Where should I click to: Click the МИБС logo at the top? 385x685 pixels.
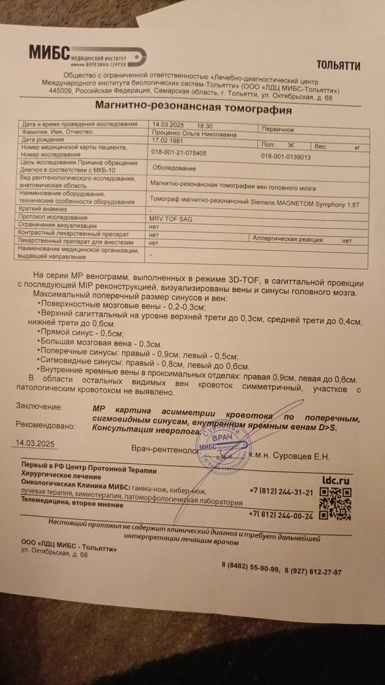point(87,56)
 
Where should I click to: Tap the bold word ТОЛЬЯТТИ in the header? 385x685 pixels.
point(338,65)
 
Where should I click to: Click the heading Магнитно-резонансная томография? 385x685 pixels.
point(193,107)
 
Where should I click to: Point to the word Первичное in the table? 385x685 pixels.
point(278,129)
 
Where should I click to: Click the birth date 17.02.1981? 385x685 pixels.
point(168,141)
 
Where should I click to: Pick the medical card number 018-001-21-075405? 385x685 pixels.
point(179,153)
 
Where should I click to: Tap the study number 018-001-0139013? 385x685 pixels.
point(285,157)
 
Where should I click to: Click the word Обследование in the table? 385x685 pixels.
point(174,168)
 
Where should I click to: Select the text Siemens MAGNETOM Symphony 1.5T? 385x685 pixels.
point(305,203)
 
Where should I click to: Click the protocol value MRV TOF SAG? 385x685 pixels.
point(171,219)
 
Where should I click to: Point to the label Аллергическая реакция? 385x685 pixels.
point(288,239)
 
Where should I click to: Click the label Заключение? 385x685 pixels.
point(39,407)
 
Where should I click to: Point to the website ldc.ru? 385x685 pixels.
point(336,481)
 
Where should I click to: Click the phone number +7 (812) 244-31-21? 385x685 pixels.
point(281,492)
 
